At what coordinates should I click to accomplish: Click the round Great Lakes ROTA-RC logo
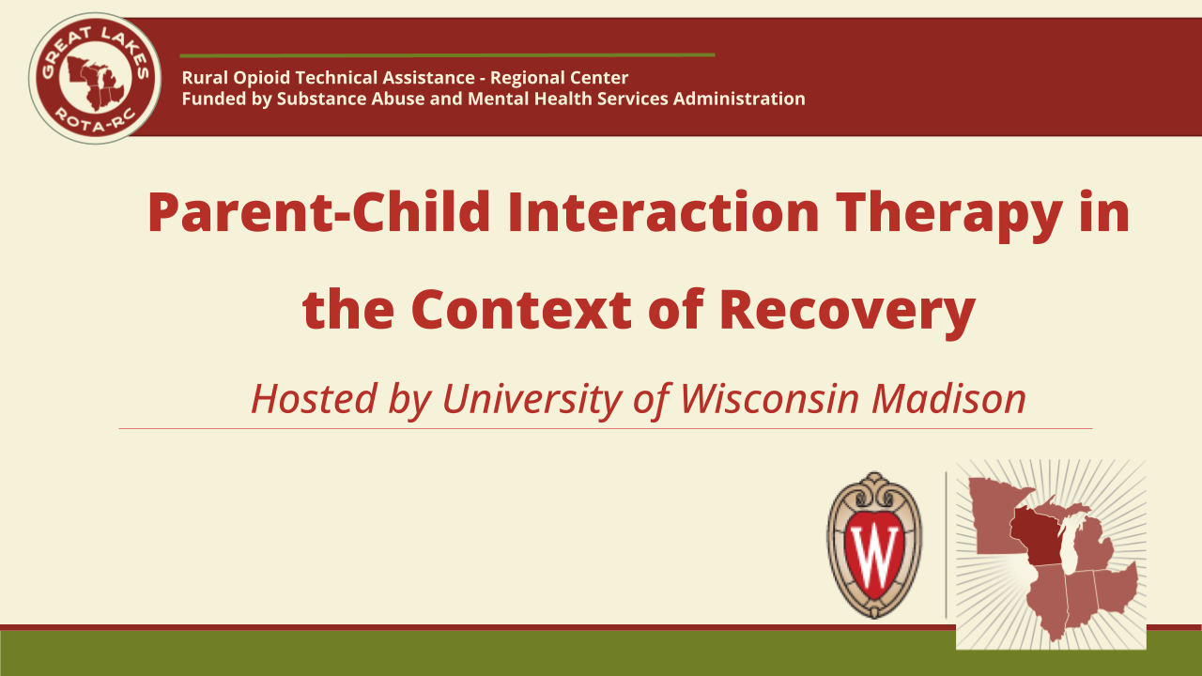tap(95, 78)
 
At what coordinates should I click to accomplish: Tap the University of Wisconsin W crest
tap(874, 545)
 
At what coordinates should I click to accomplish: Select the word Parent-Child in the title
tap(318, 212)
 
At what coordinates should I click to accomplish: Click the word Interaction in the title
tap(663, 212)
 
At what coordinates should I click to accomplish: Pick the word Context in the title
tap(521, 310)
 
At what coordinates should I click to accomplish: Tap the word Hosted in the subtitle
tap(314, 399)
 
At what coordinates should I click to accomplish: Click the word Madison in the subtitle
tap(948, 399)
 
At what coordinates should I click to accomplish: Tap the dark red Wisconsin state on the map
tap(1036, 536)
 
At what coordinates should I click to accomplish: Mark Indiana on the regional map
tap(1080, 598)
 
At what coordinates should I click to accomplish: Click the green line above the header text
tap(447, 55)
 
